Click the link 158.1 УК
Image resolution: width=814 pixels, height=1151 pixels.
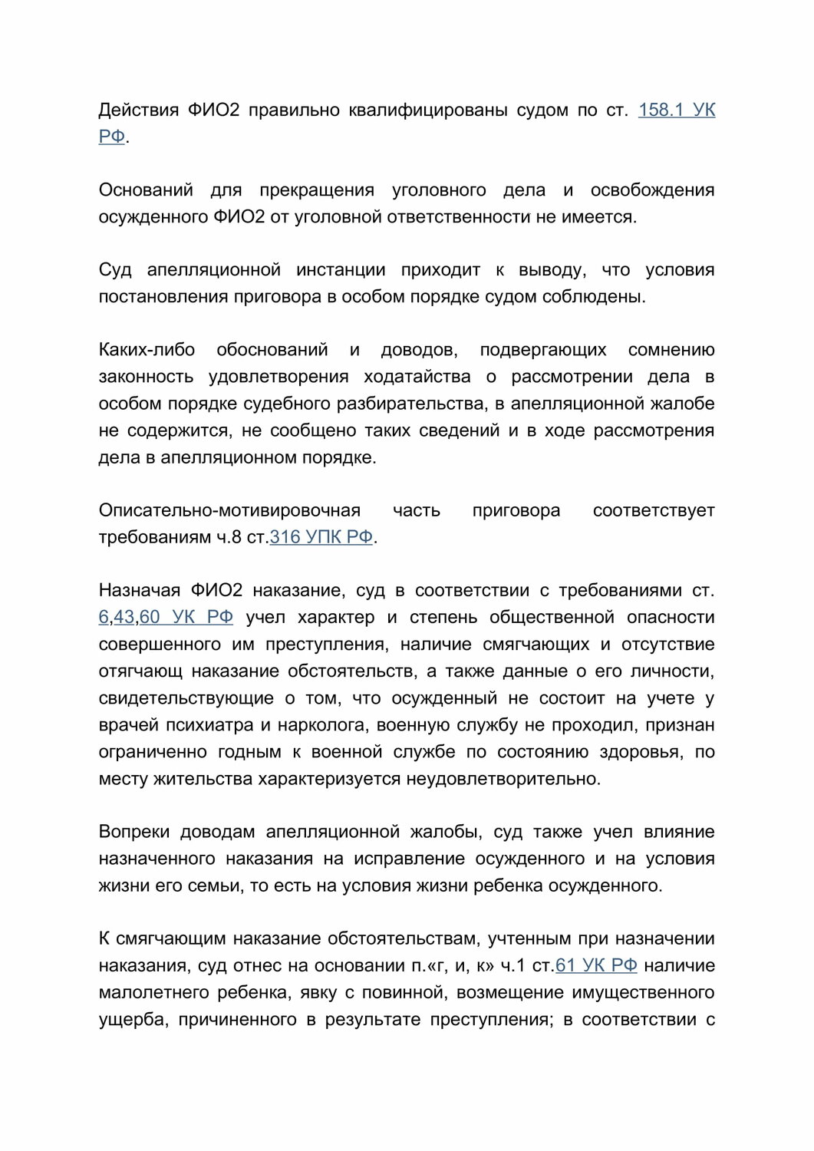click(x=676, y=110)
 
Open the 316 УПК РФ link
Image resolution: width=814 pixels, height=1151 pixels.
click(x=321, y=537)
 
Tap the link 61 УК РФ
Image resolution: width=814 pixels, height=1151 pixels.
click(x=596, y=965)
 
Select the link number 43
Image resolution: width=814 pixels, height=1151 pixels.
click(x=124, y=618)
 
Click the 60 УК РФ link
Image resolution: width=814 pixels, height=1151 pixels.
click(x=186, y=618)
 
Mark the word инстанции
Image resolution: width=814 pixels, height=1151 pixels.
click(x=341, y=270)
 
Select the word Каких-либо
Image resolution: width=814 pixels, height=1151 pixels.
click(x=147, y=350)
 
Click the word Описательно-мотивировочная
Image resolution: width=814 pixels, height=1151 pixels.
click(x=229, y=510)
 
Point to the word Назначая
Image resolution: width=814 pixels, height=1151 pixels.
click(x=138, y=591)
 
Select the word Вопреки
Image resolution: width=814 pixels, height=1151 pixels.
click(x=133, y=832)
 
